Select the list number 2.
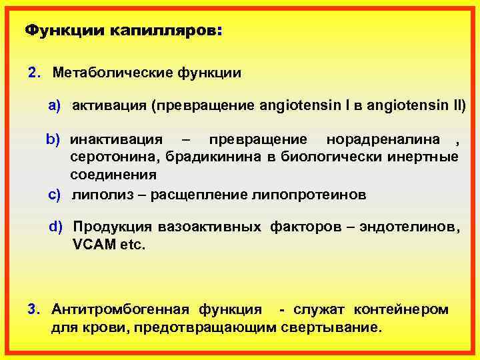click(33, 72)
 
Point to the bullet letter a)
click(54, 106)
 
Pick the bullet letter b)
click(53, 140)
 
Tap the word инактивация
click(117, 140)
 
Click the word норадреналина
click(383, 140)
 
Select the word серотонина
click(113, 157)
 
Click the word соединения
click(114, 175)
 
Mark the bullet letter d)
click(55, 227)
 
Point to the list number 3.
click(33, 309)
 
